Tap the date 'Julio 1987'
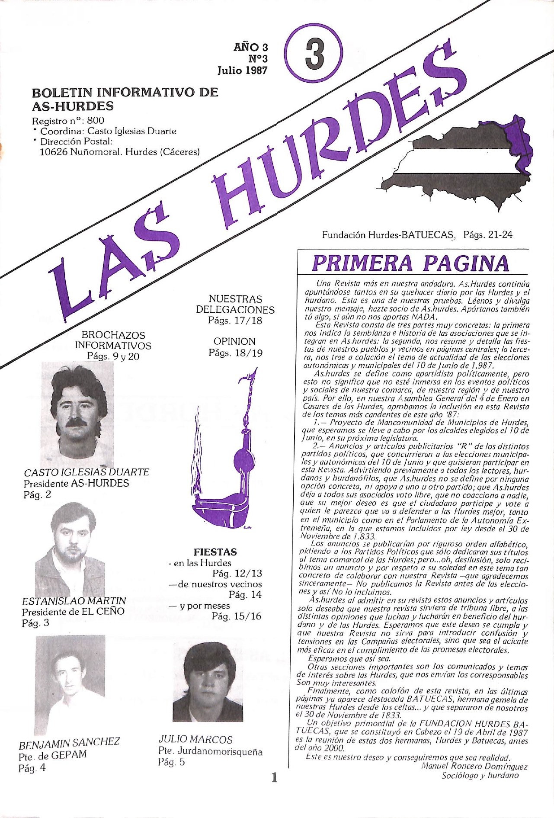(242, 70)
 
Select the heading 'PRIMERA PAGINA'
(410, 263)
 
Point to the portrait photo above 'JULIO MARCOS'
(208, 681)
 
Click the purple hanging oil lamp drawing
(229, 459)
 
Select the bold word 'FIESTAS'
(215, 552)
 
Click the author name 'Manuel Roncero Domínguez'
(474, 767)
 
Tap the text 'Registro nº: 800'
(68, 120)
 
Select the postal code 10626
(54, 152)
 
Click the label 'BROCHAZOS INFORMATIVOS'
(113, 340)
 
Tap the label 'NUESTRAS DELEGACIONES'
(235, 305)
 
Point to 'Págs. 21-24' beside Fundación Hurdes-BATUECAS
(487, 235)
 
